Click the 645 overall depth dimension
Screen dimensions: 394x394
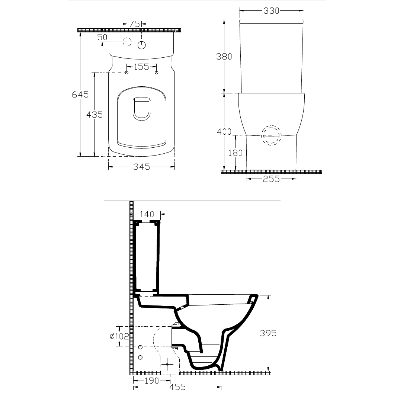(x=80, y=95)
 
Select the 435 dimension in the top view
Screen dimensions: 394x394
(x=95, y=115)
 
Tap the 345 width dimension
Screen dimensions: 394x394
(x=141, y=167)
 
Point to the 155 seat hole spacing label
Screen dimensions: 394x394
(x=141, y=67)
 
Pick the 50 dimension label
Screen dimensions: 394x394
(x=102, y=37)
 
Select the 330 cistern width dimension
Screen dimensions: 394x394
(x=271, y=11)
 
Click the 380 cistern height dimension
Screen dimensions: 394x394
(x=224, y=57)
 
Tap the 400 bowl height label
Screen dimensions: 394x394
(x=224, y=132)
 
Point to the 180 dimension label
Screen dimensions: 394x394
(x=235, y=153)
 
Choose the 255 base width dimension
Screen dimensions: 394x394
(x=271, y=179)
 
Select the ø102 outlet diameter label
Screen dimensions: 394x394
(x=119, y=336)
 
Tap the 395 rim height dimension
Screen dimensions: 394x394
(x=268, y=333)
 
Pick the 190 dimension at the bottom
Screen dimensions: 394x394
(x=152, y=381)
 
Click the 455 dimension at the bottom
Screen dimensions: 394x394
(x=177, y=387)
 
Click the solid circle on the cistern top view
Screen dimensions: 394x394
(x=142, y=45)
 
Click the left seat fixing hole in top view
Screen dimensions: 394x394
(x=127, y=73)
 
